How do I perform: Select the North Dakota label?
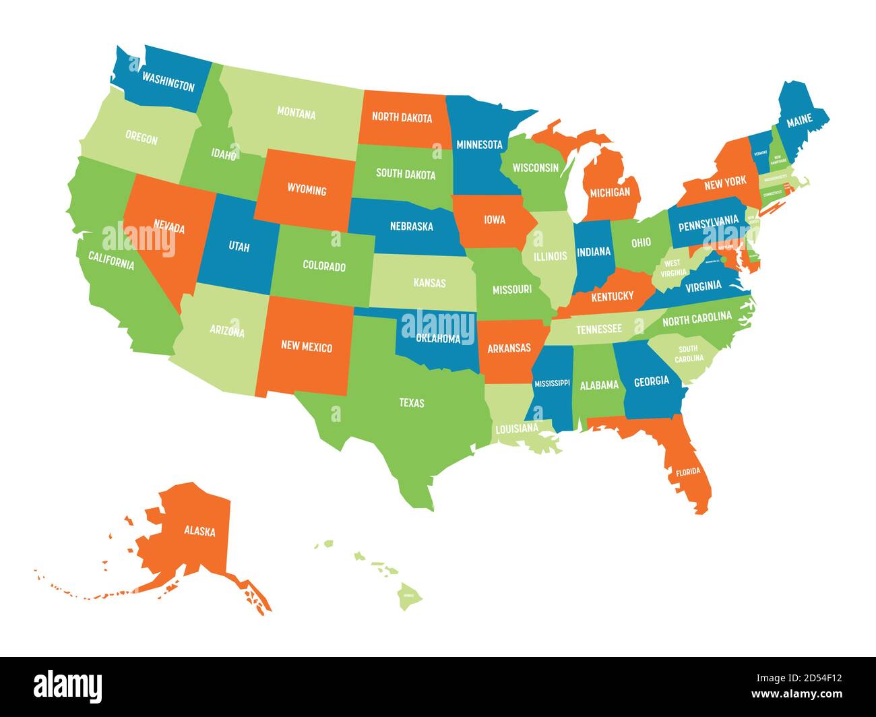coord(402,117)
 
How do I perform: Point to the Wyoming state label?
coord(307,190)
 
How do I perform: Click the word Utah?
coord(239,247)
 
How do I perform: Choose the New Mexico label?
coord(307,347)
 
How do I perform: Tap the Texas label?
coord(411,403)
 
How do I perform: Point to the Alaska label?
coord(199,531)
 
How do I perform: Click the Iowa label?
coord(493,219)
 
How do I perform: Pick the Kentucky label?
coord(612,296)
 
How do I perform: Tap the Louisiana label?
coord(517,428)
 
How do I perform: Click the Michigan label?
coord(609,192)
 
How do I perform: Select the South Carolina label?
coord(687,354)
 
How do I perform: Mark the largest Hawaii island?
coord(408,595)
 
